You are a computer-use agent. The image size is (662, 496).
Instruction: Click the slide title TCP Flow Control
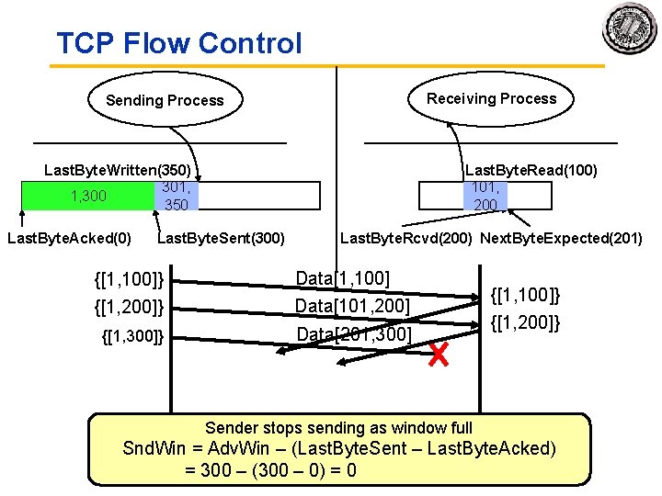[x=178, y=42]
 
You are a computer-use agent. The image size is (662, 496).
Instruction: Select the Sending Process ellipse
[x=165, y=100]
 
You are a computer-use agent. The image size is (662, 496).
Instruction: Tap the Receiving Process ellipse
[x=491, y=98]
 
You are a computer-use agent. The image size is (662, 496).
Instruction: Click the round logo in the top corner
[x=630, y=28]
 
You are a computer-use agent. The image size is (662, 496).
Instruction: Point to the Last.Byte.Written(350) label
[x=118, y=171]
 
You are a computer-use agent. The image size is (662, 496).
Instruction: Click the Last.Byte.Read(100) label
[x=531, y=170]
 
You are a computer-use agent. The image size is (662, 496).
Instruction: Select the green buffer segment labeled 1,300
[x=88, y=196]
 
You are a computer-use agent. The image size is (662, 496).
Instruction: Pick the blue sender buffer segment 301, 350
[x=175, y=196]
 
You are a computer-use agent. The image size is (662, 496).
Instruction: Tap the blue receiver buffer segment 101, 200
[x=485, y=196]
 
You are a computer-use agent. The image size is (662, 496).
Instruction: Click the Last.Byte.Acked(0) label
[x=69, y=240]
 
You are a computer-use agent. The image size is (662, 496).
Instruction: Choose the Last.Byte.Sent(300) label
[x=222, y=240]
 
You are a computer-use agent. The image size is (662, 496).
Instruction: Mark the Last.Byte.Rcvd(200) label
[x=406, y=239]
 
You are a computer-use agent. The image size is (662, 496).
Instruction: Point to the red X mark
[x=439, y=354]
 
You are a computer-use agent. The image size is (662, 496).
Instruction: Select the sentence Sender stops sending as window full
[x=338, y=427]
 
